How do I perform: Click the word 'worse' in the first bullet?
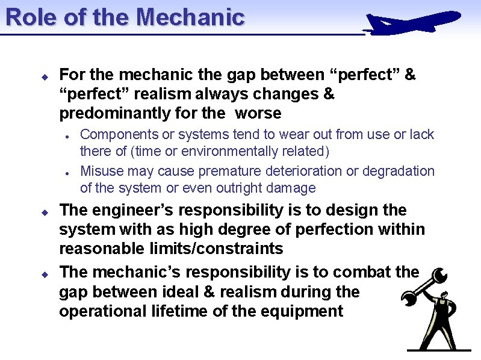(x=258, y=113)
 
